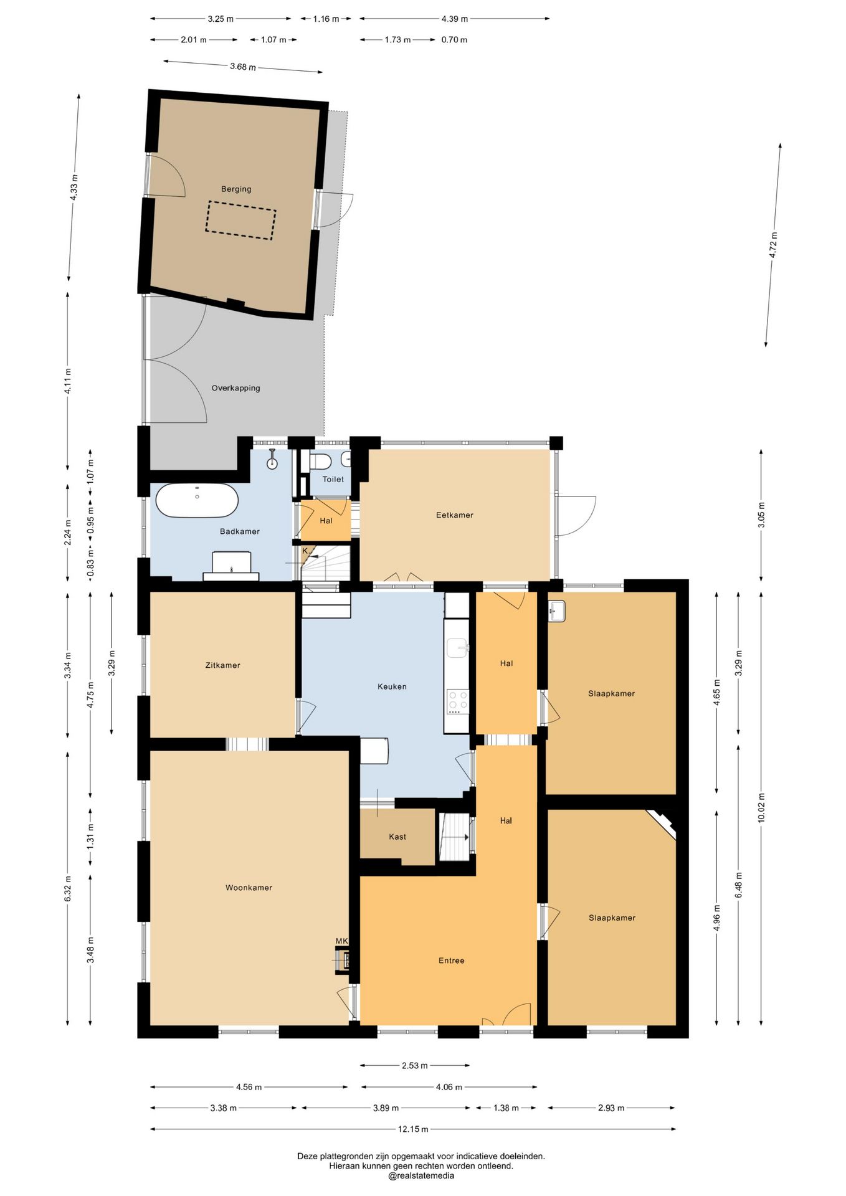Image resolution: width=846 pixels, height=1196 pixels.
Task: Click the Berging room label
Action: [236, 189]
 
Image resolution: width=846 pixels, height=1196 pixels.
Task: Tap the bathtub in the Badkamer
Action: [197, 500]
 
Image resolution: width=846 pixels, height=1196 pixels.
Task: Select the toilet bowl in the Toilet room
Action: [321, 462]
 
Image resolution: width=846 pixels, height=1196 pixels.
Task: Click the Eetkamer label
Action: [455, 515]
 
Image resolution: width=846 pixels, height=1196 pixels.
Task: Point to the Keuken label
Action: [392, 686]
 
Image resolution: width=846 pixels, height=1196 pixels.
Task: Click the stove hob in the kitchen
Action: [458, 701]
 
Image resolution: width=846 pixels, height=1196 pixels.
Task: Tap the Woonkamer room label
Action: [249, 888]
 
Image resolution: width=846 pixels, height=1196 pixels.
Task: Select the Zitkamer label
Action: [222, 665]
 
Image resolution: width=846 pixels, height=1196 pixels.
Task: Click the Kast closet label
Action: [397, 837]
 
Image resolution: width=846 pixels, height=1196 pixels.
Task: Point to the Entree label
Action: [452, 961]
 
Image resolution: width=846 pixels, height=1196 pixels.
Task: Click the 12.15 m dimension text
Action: [413, 1129]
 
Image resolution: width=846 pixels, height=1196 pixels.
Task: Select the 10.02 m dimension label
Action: [761, 808]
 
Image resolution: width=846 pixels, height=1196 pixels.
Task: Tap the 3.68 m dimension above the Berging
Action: [243, 67]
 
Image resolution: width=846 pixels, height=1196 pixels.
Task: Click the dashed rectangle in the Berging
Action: [240, 220]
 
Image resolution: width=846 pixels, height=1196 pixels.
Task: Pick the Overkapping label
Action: [235, 388]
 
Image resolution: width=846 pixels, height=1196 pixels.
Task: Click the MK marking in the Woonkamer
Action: [341, 941]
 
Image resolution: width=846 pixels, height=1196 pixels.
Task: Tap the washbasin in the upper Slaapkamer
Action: [556, 611]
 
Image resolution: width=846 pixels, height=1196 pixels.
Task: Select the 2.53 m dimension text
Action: [415, 1065]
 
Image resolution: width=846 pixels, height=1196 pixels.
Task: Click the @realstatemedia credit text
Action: [421, 1176]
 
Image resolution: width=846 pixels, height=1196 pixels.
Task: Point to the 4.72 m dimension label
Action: [773, 245]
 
